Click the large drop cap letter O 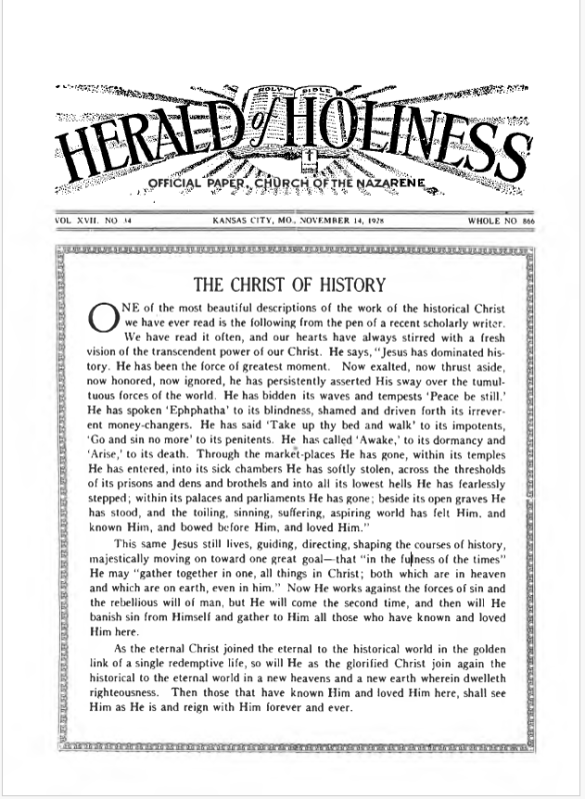[x=101, y=317]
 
